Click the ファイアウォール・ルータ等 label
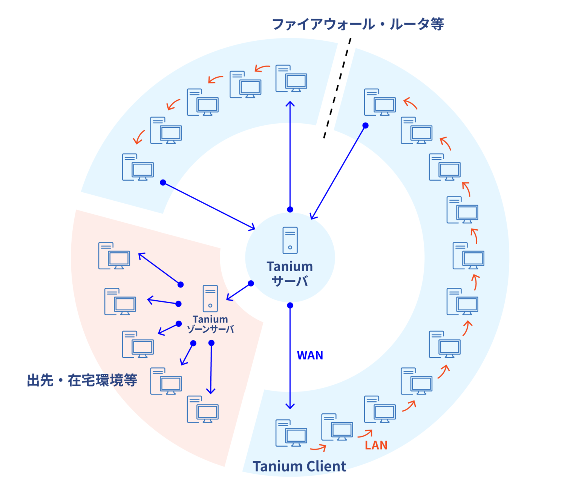[358, 24]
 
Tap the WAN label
[310, 355]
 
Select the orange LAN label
[376, 445]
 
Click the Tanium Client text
[299, 467]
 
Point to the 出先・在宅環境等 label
[82, 380]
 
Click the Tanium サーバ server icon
[290, 241]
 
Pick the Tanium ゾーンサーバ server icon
[210, 298]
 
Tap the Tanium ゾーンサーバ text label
[210, 324]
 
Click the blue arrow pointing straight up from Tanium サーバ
[290, 155]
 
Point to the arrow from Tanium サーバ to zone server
[239, 292]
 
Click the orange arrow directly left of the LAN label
[365, 434]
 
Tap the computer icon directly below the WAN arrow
[291, 433]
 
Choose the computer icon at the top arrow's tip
[291, 78]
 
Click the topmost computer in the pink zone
[114, 256]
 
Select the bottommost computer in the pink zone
[203, 409]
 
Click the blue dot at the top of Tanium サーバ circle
[290, 209]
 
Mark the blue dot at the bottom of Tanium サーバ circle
[290, 306]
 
